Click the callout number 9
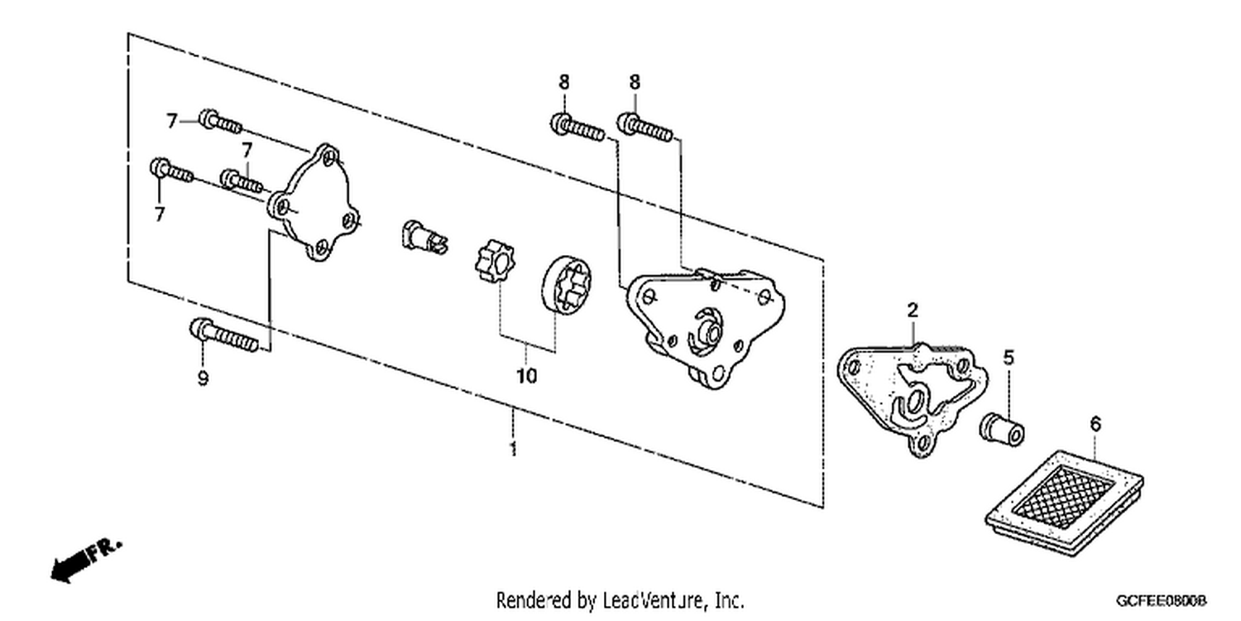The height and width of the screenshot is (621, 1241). tap(203, 378)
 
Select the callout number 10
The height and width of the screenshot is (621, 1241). tap(527, 377)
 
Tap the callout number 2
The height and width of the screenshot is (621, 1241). tap(913, 310)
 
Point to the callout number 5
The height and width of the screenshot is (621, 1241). tap(1009, 358)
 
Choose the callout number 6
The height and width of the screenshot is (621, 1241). tap(1095, 424)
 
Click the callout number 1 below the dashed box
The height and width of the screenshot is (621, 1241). tap(514, 449)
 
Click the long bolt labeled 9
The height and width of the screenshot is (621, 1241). tap(224, 335)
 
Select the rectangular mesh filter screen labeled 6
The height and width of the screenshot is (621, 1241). tap(1064, 503)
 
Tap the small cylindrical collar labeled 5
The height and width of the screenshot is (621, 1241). tap(1002, 429)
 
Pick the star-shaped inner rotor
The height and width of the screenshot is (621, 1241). tap(495, 260)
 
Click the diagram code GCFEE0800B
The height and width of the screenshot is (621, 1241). tap(1162, 601)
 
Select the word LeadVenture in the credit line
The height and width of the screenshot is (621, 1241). tap(654, 600)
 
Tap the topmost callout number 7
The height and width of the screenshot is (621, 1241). tap(172, 121)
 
